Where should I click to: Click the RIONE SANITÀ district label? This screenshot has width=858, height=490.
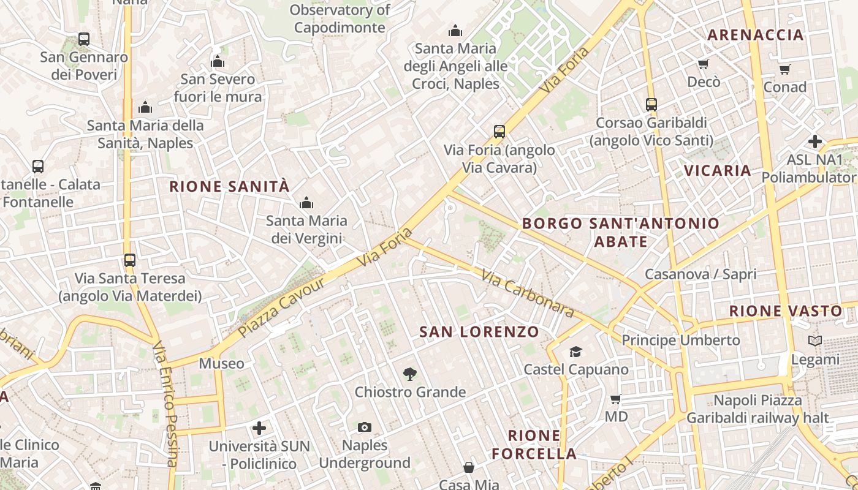click(x=229, y=187)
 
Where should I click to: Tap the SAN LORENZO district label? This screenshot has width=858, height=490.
click(x=479, y=332)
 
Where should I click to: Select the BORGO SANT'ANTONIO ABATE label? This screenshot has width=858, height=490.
click(x=621, y=232)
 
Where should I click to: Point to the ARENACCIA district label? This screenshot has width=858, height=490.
click(x=755, y=35)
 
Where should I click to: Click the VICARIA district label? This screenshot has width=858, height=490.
click(x=717, y=170)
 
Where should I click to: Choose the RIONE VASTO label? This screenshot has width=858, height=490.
click(x=786, y=311)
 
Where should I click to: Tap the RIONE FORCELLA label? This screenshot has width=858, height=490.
click(x=534, y=445)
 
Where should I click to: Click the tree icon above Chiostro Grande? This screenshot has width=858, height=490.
click(x=410, y=374)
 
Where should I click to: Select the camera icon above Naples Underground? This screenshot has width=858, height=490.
click(x=365, y=427)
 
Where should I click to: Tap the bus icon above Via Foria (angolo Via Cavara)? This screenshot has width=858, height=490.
click(x=499, y=131)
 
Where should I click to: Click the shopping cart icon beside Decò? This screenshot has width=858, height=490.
click(x=703, y=64)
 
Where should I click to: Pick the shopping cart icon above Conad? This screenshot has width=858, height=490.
click(x=784, y=69)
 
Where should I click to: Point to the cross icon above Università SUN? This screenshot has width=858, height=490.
click(x=259, y=428)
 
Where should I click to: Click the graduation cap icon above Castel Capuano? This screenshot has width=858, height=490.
click(x=575, y=352)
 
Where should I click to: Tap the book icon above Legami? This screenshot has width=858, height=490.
click(x=814, y=341)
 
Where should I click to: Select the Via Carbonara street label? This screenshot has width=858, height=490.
click(x=528, y=294)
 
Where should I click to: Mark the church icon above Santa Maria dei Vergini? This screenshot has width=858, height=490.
click(x=306, y=203)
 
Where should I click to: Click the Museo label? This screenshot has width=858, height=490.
click(x=221, y=364)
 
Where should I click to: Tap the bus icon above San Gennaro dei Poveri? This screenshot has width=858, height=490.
click(x=84, y=39)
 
